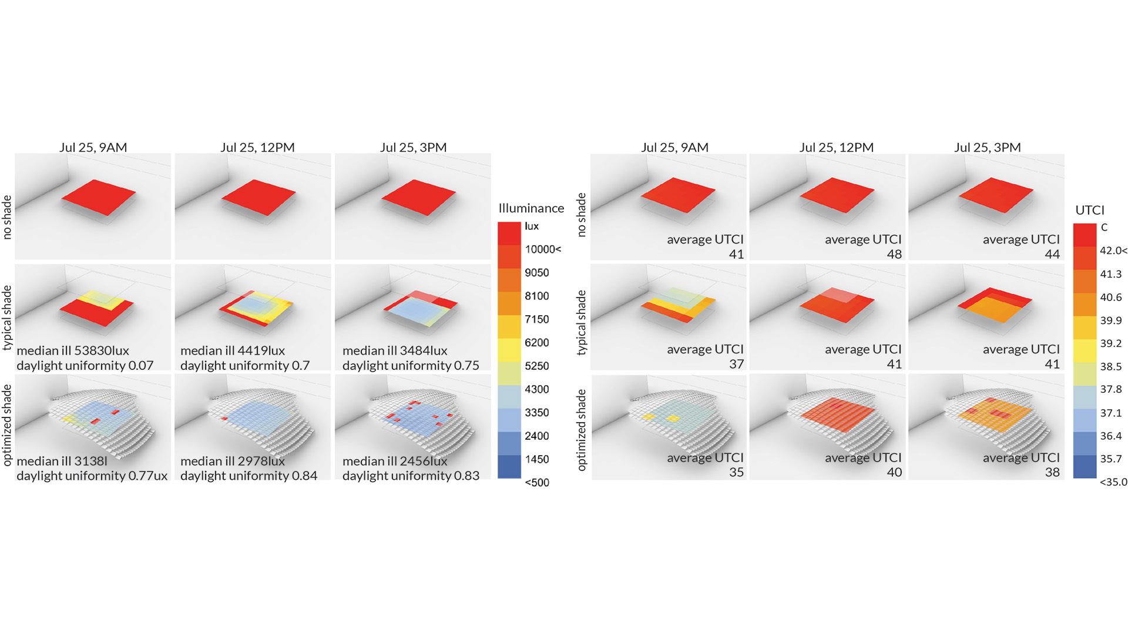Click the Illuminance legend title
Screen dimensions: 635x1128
531,208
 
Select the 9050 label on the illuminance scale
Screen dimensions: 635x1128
536,273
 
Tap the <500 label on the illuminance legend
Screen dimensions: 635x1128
536,483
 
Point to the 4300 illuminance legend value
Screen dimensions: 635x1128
536,389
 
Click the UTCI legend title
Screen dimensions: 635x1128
1089,210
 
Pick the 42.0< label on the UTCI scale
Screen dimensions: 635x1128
1113,250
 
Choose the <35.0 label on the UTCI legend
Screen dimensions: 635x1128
1113,482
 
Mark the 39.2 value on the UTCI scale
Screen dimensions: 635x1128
1110,343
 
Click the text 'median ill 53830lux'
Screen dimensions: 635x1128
73,351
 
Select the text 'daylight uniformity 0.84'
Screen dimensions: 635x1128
249,476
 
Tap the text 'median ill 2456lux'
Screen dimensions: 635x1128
395,461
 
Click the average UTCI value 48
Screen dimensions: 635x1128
894,255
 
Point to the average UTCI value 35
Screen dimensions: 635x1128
736,472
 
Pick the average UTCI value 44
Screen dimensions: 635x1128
1052,255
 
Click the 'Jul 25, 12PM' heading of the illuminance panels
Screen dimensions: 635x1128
257,148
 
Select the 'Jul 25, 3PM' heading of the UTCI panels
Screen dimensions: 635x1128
987,148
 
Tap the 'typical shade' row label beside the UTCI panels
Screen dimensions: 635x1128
582,322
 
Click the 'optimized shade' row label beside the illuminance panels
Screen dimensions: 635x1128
7,425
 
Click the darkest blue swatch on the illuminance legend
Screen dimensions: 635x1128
509,466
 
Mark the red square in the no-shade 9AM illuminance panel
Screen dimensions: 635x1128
99,197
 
